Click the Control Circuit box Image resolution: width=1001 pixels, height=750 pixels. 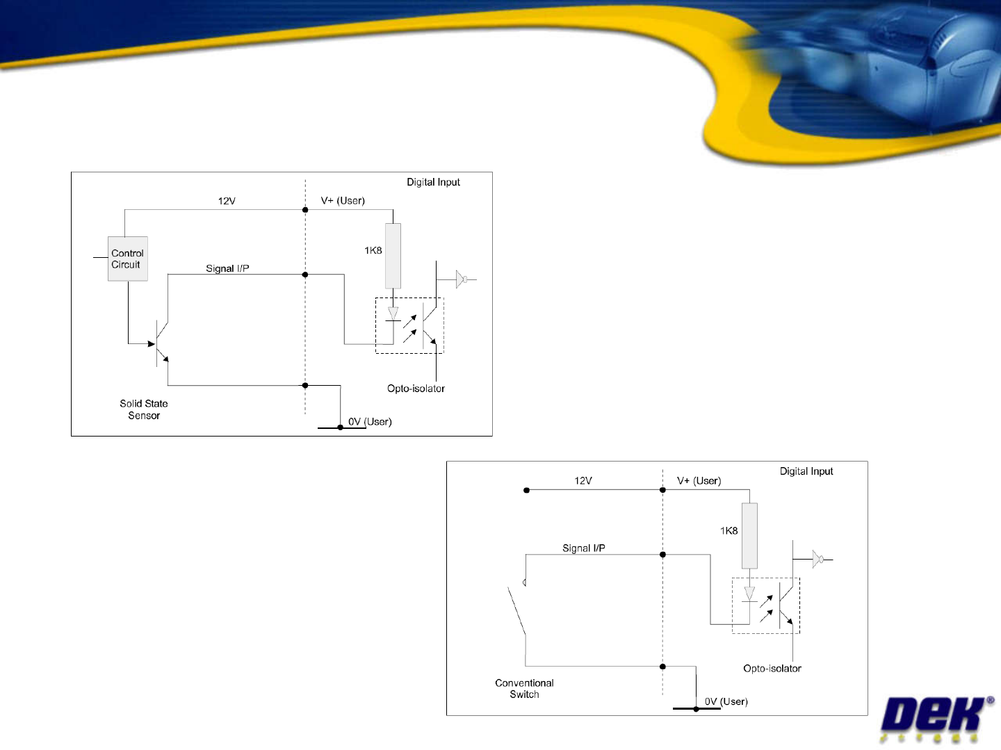click(x=128, y=259)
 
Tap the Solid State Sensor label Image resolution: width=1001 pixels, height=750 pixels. click(x=144, y=409)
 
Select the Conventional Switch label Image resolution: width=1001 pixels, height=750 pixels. click(x=524, y=689)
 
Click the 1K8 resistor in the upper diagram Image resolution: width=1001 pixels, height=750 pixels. click(x=393, y=255)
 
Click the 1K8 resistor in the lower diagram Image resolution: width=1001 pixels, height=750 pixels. click(x=749, y=535)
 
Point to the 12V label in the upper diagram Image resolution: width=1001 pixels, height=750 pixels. click(x=227, y=201)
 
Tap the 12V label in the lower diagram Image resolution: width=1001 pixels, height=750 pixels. click(x=583, y=481)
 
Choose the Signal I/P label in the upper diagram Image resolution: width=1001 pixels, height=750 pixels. click(x=227, y=268)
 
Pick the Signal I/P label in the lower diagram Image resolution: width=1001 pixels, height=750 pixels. click(x=584, y=548)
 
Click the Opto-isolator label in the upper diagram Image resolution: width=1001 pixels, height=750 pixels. click(x=416, y=389)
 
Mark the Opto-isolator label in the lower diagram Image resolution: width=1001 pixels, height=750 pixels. click(x=772, y=669)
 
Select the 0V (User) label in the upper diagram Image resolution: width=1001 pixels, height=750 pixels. click(x=370, y=422)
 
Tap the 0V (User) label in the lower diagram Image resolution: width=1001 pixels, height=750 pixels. click(x=726, y=702)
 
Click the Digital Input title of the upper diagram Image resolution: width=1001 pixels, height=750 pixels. click(x=433, y=182)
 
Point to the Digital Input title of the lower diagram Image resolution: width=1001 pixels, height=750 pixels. click(x=806, y=471)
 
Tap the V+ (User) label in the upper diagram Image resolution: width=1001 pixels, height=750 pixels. click(x=343, y=201)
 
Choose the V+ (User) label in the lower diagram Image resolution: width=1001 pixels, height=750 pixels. click(x=699, y=481)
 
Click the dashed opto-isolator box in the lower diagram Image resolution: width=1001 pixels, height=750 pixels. click(x=766, y=605)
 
